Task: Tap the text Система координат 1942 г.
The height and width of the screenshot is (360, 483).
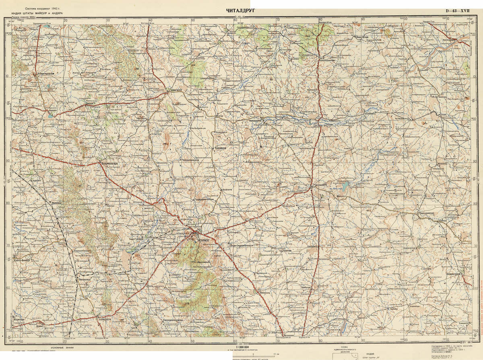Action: click(43, 8)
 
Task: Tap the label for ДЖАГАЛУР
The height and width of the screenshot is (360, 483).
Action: click(177, 90)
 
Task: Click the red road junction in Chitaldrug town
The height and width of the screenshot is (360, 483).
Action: click(196, 233)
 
